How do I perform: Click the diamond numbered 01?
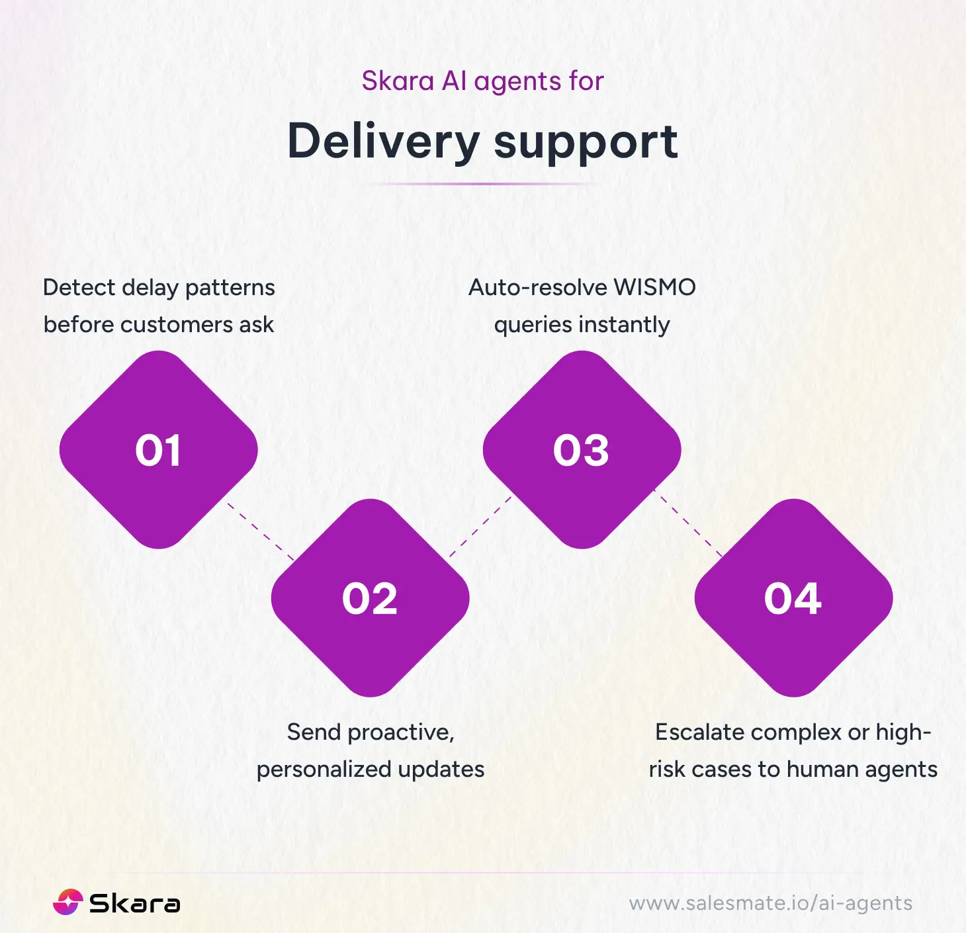158,450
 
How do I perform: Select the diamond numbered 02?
370,598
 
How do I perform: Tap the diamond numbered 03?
582,450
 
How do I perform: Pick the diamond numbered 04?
793,598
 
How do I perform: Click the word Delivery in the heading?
384,142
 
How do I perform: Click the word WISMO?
654,287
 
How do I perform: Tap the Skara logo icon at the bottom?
67,903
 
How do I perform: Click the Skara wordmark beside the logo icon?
134,904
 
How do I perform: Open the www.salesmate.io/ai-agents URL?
770,903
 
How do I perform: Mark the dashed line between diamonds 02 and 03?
480,526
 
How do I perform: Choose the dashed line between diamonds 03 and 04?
689,523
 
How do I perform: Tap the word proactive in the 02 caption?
400,733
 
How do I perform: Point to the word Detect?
79,287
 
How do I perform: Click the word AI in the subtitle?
454,81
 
